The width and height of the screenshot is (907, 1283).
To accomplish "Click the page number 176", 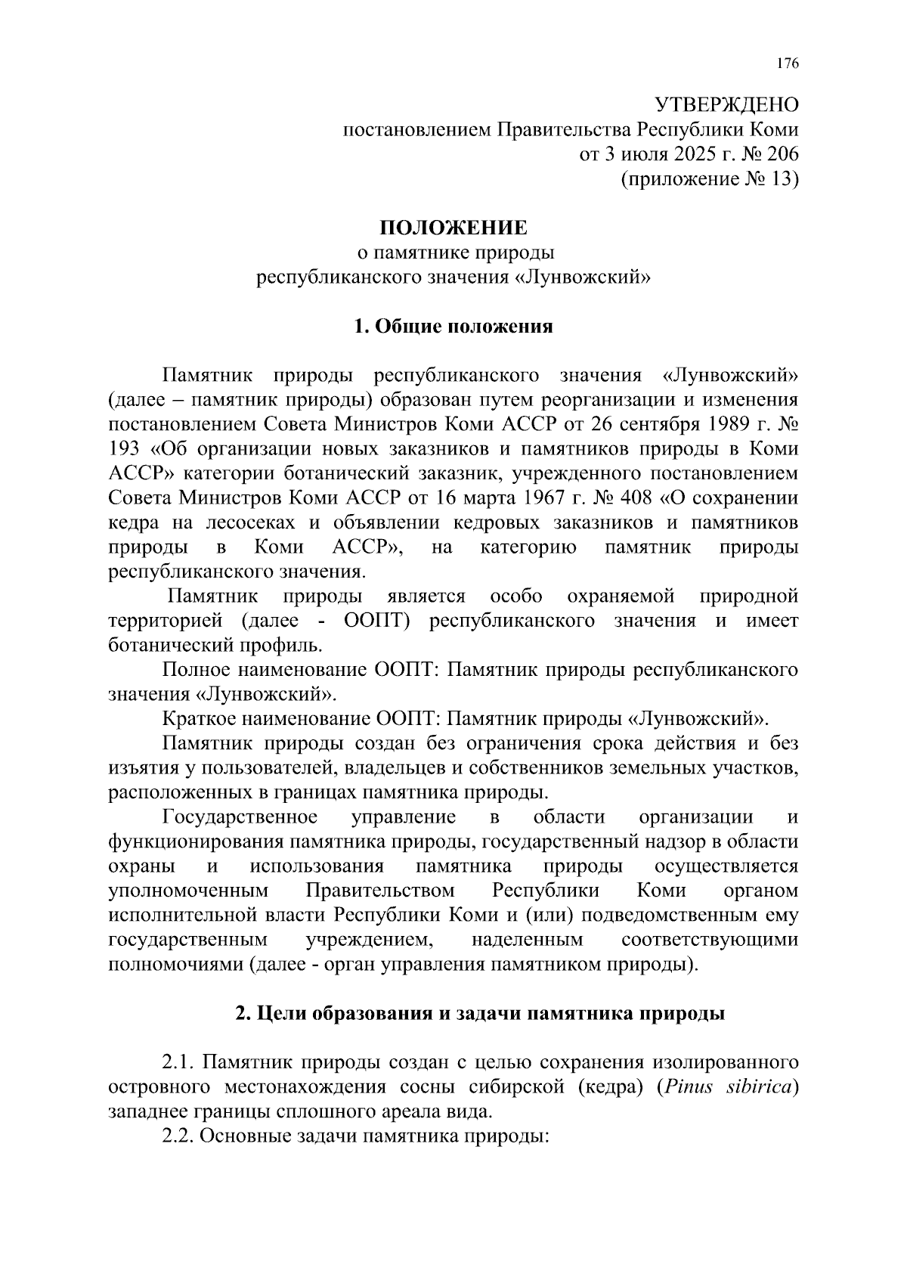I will [x=787, y=64].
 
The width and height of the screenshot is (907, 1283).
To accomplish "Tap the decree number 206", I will [x=782, y=154].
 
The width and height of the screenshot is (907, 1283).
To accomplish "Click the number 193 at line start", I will [x=125, y=449].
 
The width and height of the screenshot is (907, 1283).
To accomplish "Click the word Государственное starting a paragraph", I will [x=240, y=817].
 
